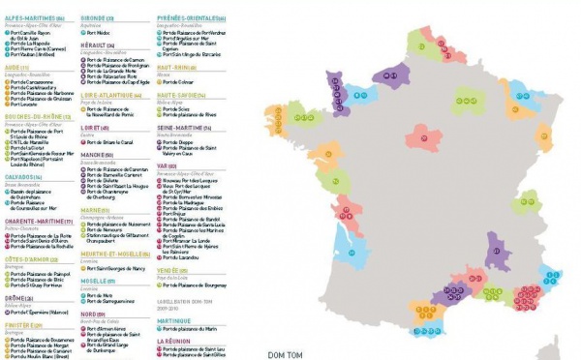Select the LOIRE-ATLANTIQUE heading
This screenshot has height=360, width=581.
[107, 95]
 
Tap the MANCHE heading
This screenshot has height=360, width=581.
[93, 154]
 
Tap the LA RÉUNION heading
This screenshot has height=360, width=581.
[174, 341]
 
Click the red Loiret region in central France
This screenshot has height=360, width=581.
[423, 135]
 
